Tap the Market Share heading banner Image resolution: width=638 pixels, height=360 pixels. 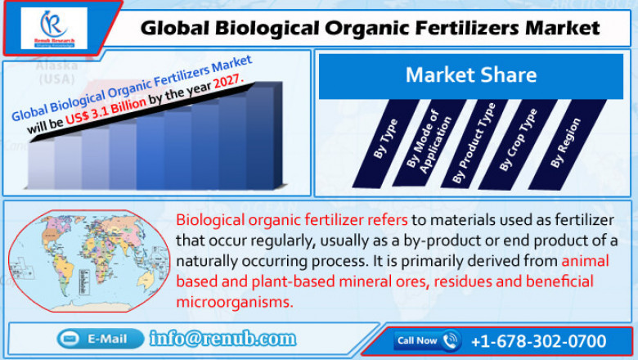[x=470, y=76]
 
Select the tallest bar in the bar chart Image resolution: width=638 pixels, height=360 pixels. [x=261, y=136]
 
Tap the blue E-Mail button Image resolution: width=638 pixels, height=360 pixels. [x=98, y=339]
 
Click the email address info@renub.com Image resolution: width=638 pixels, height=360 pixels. [x=222, y=339]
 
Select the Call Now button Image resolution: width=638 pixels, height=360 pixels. [x=427, y=340]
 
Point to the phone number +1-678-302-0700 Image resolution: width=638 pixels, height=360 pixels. [x=538, y=340]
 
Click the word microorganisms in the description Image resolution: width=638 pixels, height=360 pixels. [x=234, y=302]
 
